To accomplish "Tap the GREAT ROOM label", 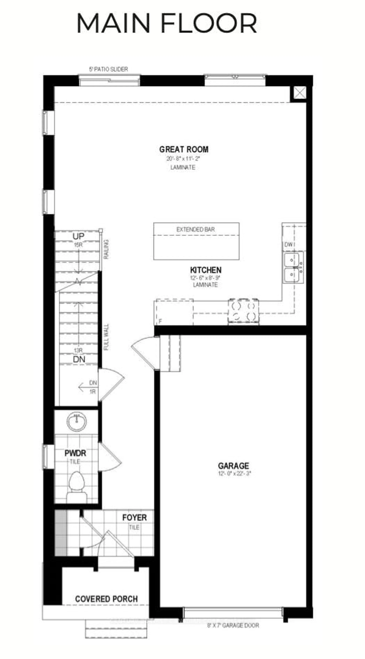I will pos(184,149).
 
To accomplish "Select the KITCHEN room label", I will pos(206,270).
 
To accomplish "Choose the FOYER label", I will pos(134,518).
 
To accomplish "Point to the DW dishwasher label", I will pos(288,244).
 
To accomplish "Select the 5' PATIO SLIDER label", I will pos(108,69).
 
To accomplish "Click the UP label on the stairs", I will pos(78,236).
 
